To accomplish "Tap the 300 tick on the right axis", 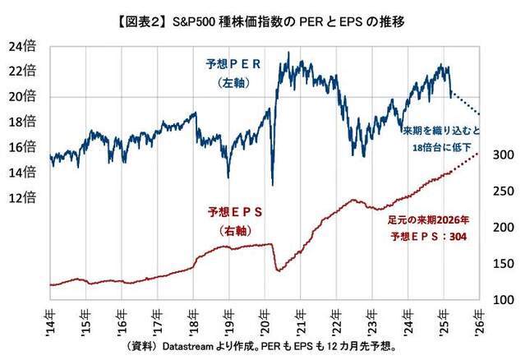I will pos(505,155).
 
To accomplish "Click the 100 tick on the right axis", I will pos(505,299).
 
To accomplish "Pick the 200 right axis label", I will pos(505,228).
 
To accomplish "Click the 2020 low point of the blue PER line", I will pos(272,184).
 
